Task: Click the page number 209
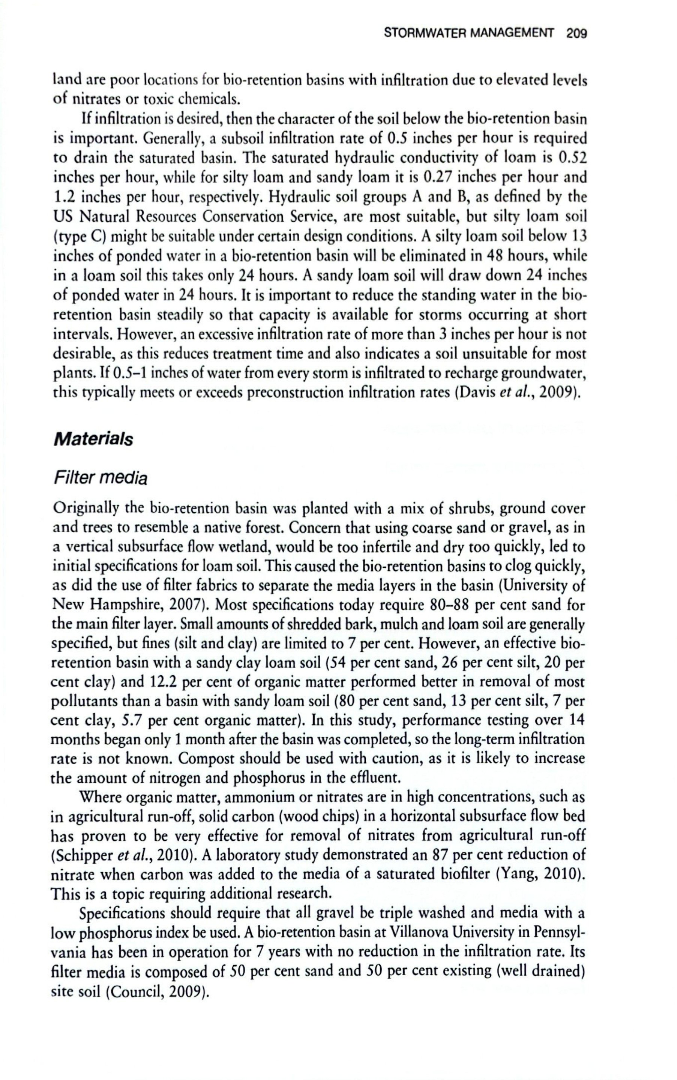(x=576, y=34)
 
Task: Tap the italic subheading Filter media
(x=100, y=479)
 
